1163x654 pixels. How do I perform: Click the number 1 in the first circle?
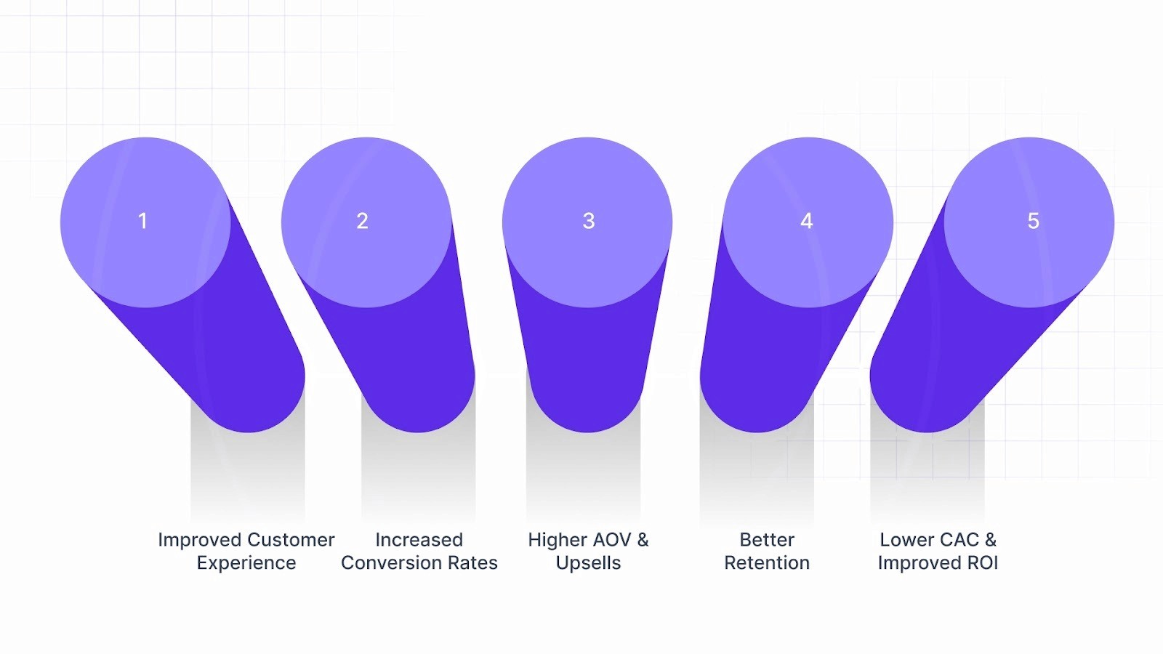(143, 221)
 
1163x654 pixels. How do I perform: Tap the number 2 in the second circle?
(363, 221)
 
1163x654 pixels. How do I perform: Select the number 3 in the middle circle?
(589, 221)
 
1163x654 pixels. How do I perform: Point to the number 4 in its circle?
(807, 221)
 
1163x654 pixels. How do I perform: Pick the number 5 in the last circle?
(1034, 221)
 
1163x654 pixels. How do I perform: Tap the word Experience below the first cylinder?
(246, 563)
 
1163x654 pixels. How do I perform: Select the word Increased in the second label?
(419, 540)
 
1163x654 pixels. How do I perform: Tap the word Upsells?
(588, 563)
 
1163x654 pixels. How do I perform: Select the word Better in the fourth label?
(767, 540)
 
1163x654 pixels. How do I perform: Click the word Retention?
(767, 563)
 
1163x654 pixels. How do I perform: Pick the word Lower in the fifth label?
(903, 540)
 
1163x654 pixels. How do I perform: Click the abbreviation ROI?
(982, 563)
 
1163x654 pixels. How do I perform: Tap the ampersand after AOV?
(643, 540)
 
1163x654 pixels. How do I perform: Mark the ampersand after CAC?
(991, 540)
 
